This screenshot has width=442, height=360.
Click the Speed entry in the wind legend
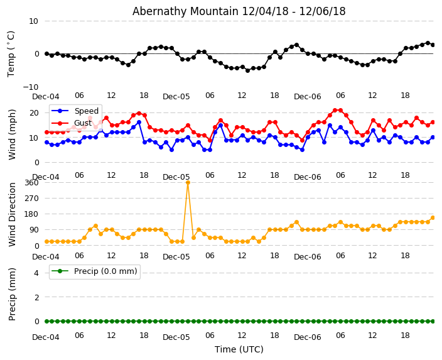[x=86, y=111]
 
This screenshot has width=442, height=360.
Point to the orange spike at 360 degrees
[x=188, y=183]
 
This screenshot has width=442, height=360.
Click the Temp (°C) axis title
[x=11, y=53]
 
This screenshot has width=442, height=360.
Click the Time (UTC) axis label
[x=239, y=349]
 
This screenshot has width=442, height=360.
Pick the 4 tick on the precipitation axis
[x=36, y=273]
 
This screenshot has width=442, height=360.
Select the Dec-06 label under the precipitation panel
[x=307, y=337]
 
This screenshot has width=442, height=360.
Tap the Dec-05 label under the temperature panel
[x=176, y=97]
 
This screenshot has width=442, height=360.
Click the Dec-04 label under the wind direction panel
[x=46, y=257]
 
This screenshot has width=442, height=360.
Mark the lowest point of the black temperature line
[x=247, y=70]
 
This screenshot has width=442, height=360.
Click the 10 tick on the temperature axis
[x=33, y=21]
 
